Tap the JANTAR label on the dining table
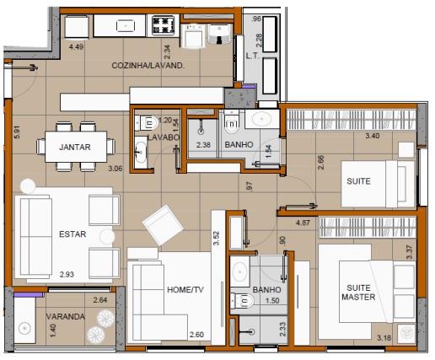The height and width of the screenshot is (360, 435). point(75,147)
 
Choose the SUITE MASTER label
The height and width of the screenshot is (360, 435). point(357,291)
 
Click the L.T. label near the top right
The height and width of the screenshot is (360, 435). point(250,56)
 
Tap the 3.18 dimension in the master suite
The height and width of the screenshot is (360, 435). point(384,339)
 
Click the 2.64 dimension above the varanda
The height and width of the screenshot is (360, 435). point(99,300)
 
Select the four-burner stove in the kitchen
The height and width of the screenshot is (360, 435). point(163,26)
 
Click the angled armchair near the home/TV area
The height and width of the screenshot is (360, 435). point(163,226)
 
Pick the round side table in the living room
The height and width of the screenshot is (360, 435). point(27,186)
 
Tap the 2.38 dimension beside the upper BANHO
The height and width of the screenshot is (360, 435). point(202,145)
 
